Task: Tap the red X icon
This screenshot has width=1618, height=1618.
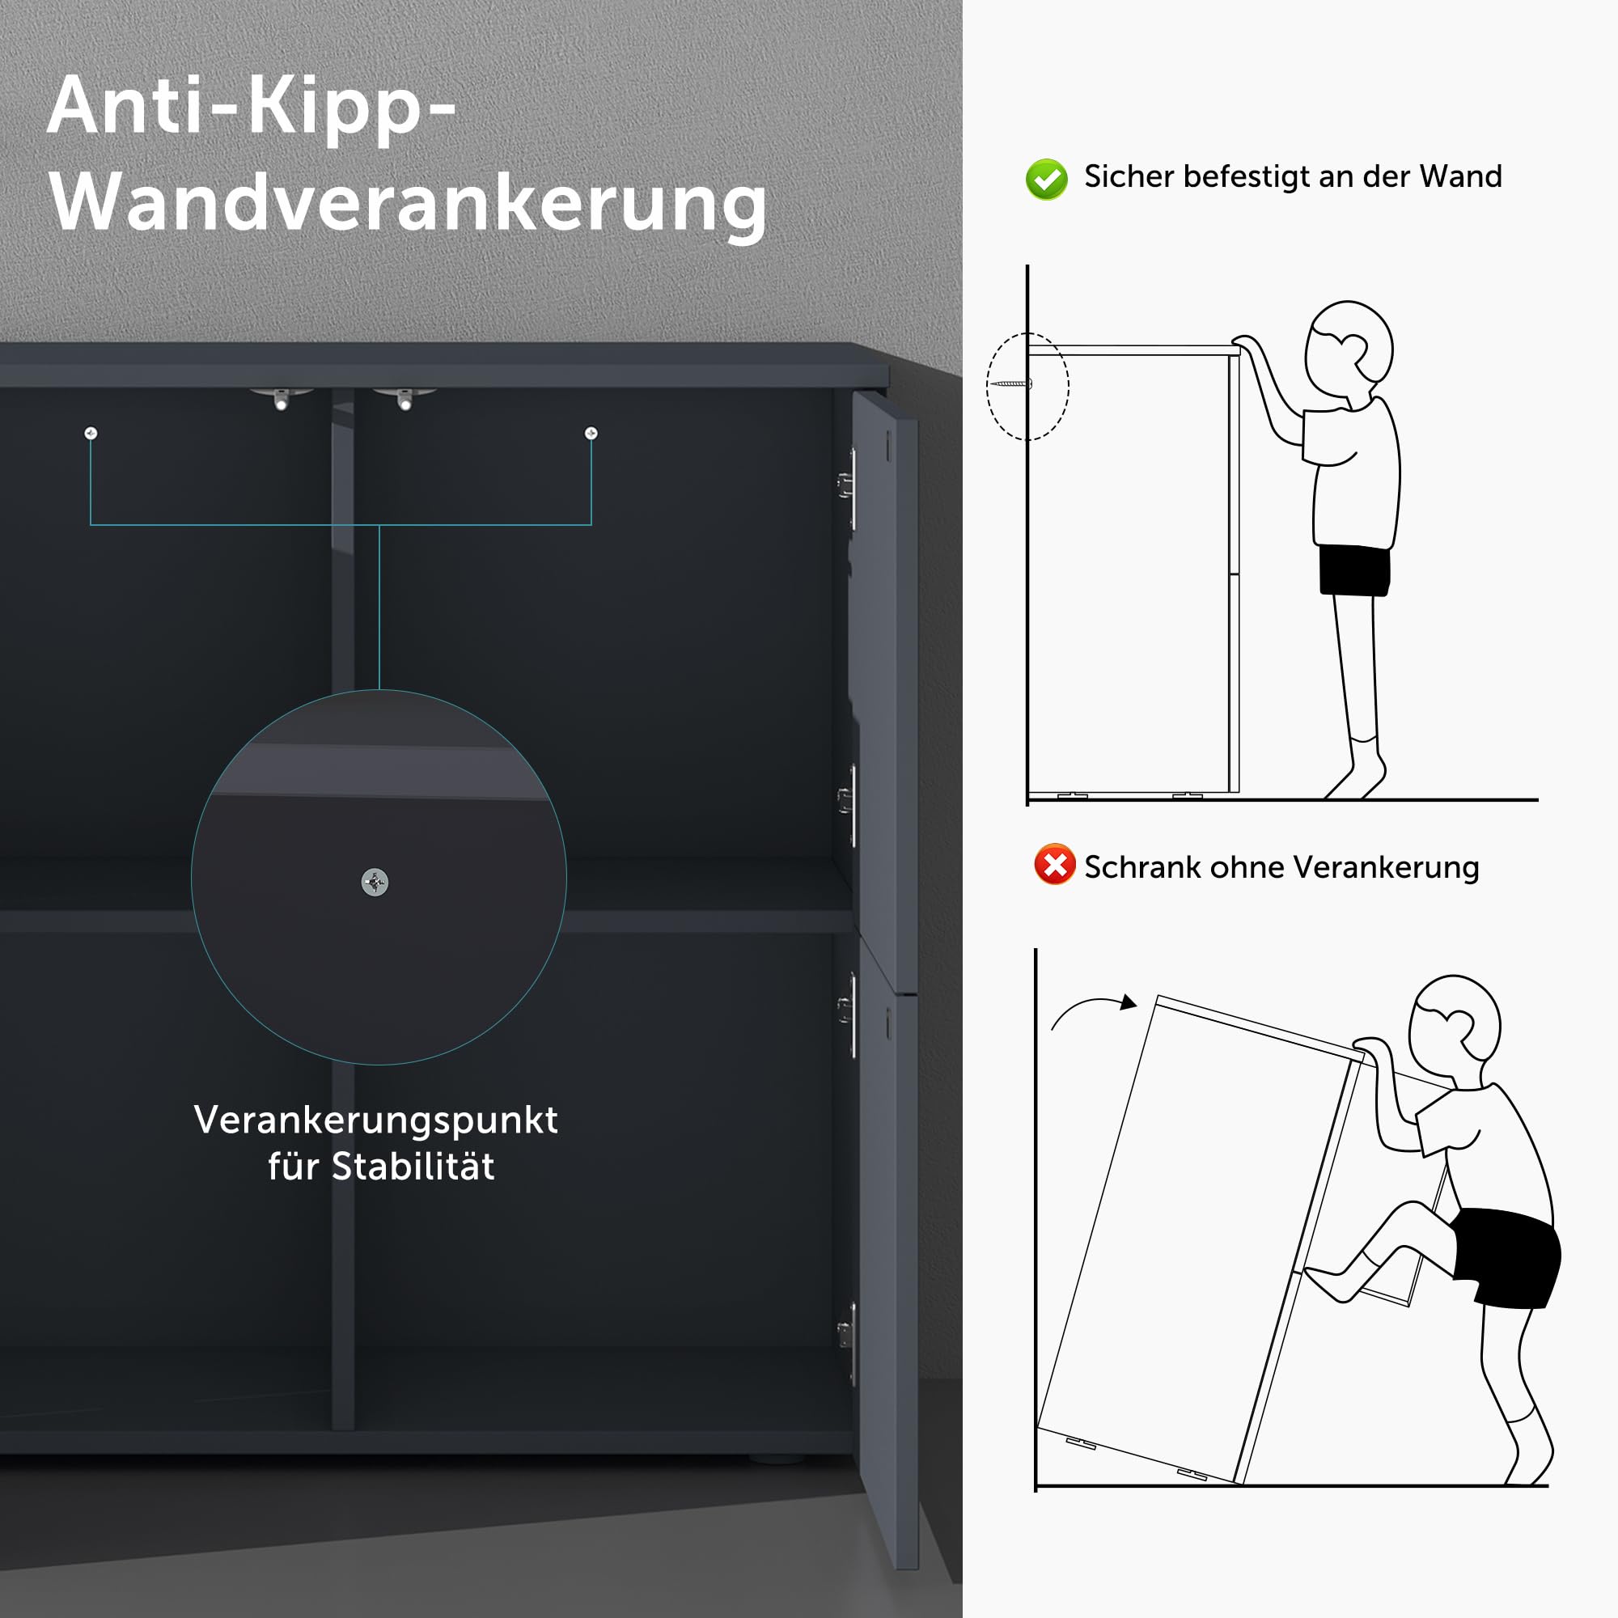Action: [1054, 863]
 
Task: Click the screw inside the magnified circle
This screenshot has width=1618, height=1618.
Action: [375, 882]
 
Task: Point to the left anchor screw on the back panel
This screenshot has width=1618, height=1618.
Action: [91, 433]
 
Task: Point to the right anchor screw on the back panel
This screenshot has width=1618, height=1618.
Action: [591, 433]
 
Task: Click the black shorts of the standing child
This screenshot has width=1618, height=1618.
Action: [1354, 570]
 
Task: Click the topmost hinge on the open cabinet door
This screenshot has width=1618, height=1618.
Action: [847, 484]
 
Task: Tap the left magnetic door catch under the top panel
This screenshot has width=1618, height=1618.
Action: [281, 397]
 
